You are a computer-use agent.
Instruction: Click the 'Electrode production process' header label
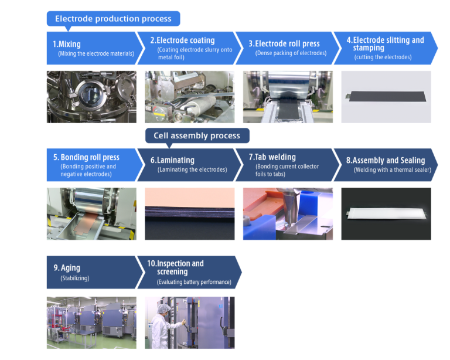(113, 19)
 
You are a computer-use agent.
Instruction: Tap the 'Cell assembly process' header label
(197, 135)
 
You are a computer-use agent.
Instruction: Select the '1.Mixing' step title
(67, 44)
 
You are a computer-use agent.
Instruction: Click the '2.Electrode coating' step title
(183, 40)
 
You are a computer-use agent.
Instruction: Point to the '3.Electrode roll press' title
(284, 43)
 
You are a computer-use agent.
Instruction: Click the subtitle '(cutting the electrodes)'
(383, 57)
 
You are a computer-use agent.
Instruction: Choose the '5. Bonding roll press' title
(86, 157)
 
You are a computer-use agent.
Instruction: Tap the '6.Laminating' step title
(172, 160)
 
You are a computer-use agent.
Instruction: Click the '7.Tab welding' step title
(272, 157)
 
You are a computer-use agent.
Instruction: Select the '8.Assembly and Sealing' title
(386, 161)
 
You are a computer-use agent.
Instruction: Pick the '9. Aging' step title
(67, 268)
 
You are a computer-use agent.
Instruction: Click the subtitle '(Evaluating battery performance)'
(194, 282)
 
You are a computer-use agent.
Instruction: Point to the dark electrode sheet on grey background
(386, 97)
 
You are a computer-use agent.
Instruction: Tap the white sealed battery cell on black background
(387, 213)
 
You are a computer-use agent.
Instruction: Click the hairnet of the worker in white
(164, 308)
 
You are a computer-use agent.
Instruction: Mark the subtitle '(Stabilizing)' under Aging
(75, 278)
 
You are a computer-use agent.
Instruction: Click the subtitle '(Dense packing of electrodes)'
(291, 53)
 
